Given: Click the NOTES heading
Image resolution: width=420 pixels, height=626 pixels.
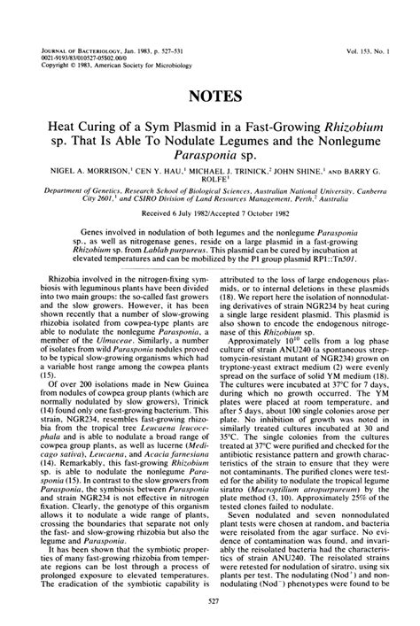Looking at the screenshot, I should pos(210,93).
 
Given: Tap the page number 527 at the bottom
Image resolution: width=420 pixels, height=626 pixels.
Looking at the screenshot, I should pos(210,603).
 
